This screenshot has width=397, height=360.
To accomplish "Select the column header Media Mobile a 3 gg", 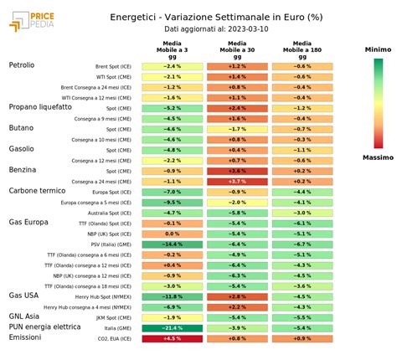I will click(x=172, y=49).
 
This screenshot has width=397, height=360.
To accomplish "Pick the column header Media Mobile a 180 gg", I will click(x=302, y=49).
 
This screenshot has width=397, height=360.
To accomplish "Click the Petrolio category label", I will click(x=28, y=65).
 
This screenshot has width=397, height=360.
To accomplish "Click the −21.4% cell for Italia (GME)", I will click(x=172, y=328).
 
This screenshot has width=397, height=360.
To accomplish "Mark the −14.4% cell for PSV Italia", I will click(x=172, y=244).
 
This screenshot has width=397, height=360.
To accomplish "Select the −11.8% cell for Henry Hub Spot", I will click(x=172, y=296).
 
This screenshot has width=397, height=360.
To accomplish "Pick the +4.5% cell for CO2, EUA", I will click(x=172, y=338).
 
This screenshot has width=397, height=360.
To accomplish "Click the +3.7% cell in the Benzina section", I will click(x=237, y=181).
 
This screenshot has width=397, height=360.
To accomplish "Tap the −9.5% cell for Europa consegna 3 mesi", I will click(x=172, y=202).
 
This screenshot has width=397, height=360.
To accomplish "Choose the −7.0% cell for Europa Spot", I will click(x=172, y=192).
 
